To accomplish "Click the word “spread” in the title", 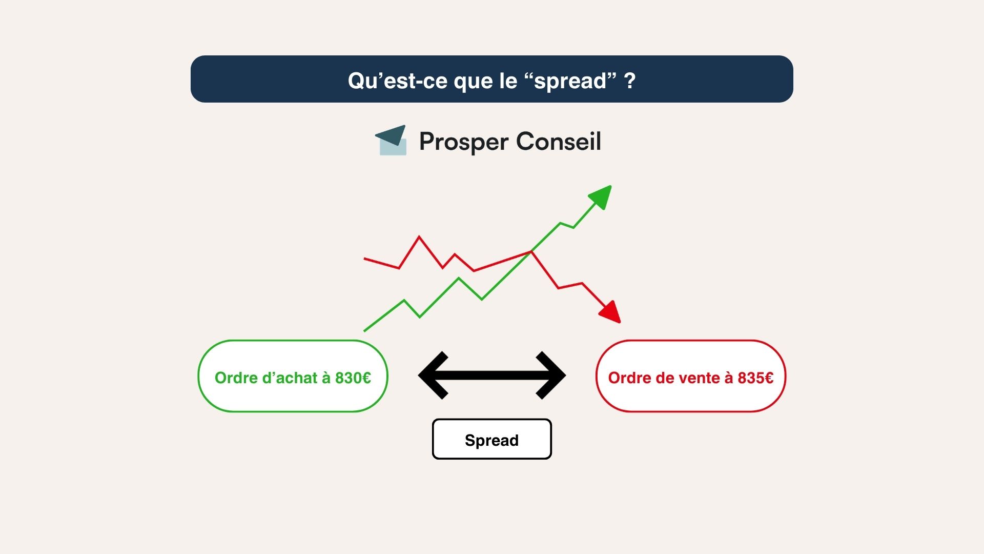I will click(570, 81).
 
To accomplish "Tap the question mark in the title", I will click(630, 81).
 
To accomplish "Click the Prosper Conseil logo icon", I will click(392, 140).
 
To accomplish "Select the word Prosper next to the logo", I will click(464, 142).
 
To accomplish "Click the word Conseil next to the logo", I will click(558, 141).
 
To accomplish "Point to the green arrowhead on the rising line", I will click(602, 196).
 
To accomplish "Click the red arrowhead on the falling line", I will click(610, 312).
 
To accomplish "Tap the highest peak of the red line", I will click(419, 237).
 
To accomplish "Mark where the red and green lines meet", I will click(531, 251).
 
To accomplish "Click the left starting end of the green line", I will click(365, 330).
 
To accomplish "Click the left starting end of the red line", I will click(365, 259).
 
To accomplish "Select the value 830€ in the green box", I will click(353, 378).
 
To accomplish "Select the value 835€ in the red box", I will click(755, 378).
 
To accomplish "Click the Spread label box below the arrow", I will click(491, 440).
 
